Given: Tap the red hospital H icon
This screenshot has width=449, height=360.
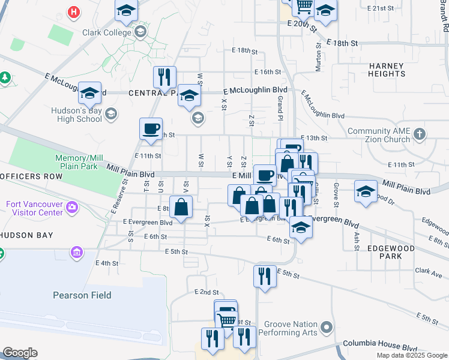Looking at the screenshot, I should point(74,11).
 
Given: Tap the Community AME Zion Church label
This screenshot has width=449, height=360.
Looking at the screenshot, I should point(379,135).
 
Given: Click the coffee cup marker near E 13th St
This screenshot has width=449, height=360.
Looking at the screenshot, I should point(151,128).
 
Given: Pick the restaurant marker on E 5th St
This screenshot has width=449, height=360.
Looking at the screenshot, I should point(265,276).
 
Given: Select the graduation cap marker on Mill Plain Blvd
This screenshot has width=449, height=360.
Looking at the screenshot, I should point(366,191).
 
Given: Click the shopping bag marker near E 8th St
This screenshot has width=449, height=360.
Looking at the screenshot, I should point(181,207).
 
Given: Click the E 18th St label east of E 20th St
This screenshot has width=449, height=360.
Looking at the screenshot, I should point(342,44).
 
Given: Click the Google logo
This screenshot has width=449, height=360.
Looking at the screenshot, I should point(20,353).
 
